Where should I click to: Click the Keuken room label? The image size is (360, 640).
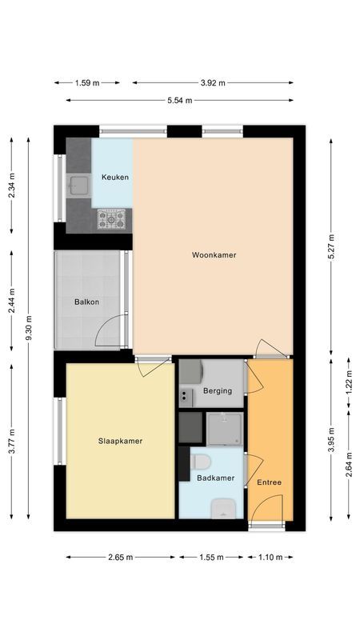114,177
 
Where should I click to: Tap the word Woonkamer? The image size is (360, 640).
214,255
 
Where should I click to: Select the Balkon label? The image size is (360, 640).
86,302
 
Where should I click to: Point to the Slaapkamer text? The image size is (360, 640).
120,440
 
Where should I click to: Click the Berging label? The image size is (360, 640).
217,391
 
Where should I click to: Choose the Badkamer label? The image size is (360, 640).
215,478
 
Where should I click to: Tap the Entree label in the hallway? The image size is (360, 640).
269,482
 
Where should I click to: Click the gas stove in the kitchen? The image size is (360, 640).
112,218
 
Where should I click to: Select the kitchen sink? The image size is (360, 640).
78,186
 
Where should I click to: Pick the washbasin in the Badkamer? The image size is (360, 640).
222,507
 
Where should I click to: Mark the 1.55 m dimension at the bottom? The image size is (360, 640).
211,558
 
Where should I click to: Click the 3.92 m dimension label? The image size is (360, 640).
212,82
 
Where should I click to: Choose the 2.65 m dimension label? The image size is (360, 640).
120,558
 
